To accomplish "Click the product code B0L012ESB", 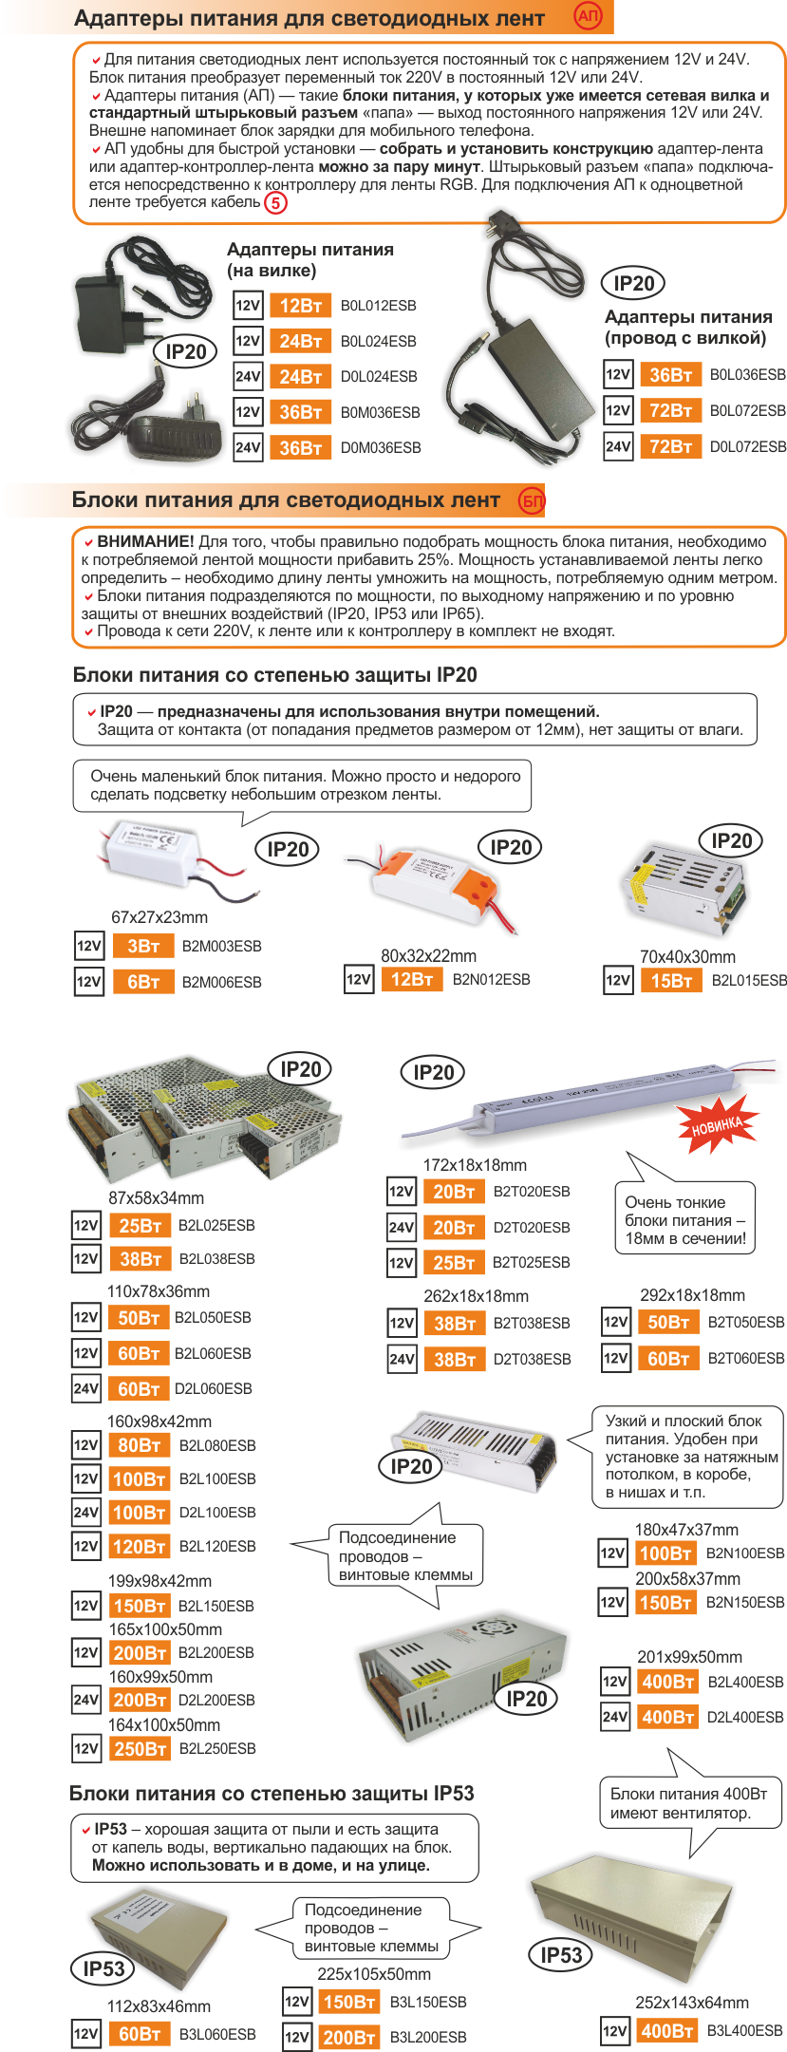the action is (x=378, y=306).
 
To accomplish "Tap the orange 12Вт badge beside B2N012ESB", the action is (x=412, y=979).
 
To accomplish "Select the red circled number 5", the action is (x=275, y=202).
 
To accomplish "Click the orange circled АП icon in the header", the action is (x=589, y=15).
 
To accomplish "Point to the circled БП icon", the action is (x=532, y=500).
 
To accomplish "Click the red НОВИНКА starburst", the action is (x=718, y=1126).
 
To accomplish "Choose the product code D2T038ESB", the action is (x=532, y=1359).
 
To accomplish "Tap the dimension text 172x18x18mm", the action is (x=475, y=1165).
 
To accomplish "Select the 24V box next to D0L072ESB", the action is (x=618, y=446).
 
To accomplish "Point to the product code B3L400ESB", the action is (x=745, y=2030).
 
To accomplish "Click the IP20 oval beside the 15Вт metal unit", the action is (x=732, y=840).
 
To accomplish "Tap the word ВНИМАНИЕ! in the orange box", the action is (x=145, y=541).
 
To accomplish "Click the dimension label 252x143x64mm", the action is (x=692, y=2003).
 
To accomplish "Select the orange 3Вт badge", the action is (x=143, y=946).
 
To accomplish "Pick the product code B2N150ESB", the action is (x=745, y=1602).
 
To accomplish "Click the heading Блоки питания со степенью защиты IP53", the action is (x=272, y=1793).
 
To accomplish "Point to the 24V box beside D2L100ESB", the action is (x=85, y=1512).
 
